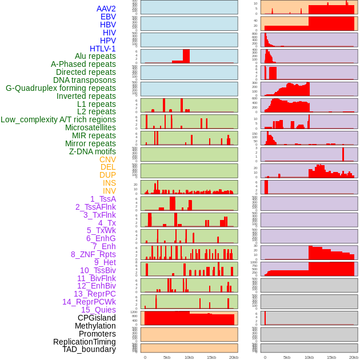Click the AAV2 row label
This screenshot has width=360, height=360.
point(106,9)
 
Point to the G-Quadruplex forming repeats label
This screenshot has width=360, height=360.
point(61,88)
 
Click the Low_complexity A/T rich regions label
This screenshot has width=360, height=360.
point(58,119)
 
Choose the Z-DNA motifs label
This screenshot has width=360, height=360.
point(93,151)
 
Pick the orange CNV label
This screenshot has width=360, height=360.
point(107,159)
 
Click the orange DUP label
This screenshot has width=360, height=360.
point(107,175)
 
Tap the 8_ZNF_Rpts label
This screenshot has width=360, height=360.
point(93,254)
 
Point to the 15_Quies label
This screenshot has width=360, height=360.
point(98,310)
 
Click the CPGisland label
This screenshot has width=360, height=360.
point(97,318)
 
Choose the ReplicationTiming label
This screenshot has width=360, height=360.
point(85,342)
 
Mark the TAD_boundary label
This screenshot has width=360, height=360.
point(89,349)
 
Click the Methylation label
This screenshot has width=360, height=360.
point(95,326)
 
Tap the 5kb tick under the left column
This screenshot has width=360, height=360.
point(167,357)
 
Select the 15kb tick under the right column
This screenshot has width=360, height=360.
point(331,357)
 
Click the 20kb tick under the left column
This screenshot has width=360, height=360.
point(234,357)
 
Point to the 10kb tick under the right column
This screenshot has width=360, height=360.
point(309,357)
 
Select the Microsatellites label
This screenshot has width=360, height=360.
point(90,127)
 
